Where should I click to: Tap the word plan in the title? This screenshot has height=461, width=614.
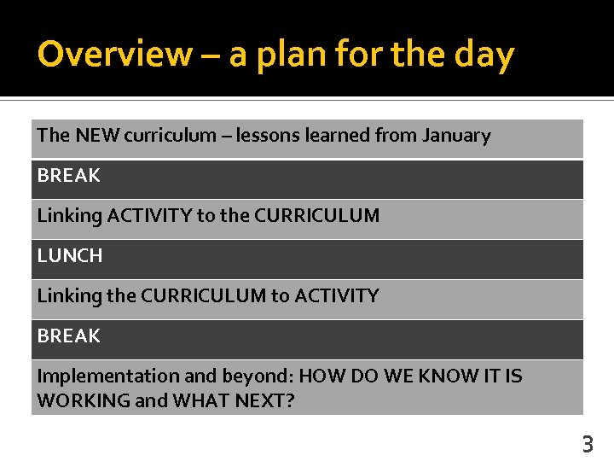click(295, 55)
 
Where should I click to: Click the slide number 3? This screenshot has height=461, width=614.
click(587, 444)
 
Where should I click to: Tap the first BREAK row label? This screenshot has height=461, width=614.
click(68, 175)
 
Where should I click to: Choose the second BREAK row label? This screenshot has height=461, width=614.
click(68, 336)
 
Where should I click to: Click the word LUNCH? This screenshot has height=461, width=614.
click(69, 255)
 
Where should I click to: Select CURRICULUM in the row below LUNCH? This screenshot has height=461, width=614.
click(203, 295)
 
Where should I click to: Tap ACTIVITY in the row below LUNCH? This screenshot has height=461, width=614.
click(336, 295)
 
